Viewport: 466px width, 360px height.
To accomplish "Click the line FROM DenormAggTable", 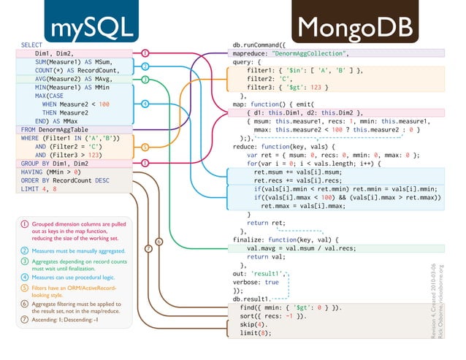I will click(x=53, y=129).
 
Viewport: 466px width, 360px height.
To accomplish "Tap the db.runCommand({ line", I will click(x=263, y=45).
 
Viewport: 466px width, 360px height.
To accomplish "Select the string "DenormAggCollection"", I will click(x=310, y=53).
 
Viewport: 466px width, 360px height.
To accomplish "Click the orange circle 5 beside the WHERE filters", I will click(x=145, y=146).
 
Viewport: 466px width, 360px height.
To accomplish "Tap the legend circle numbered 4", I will click(x=24, y=277).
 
